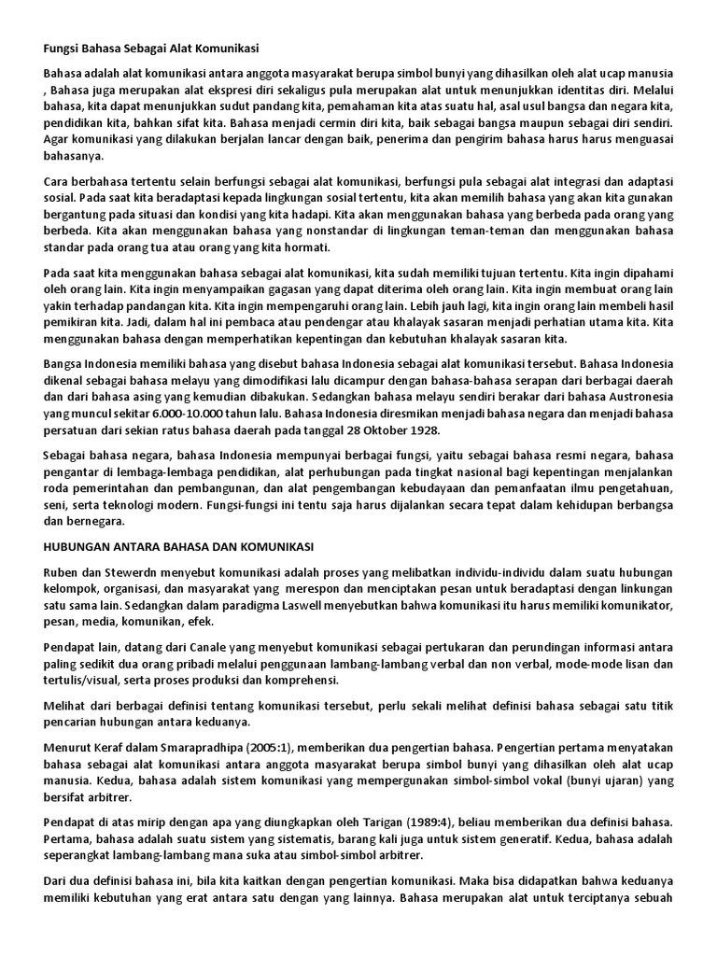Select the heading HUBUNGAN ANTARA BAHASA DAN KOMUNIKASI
(x=178, y=544)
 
